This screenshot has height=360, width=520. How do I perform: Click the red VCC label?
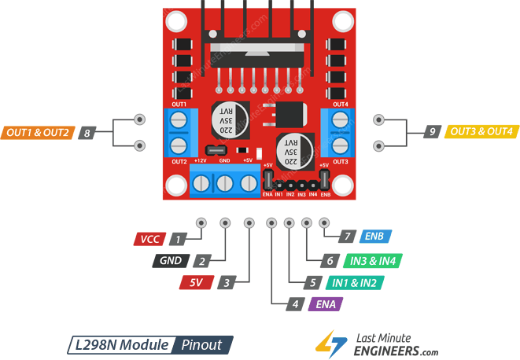pos(149,239)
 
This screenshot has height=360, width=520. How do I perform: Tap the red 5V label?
pos(196,282)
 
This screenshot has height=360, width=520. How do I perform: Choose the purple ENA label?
pos(326,303)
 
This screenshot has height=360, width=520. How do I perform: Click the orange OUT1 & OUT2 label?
pos(37,132)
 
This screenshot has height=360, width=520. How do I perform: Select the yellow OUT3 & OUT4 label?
pos(480,132)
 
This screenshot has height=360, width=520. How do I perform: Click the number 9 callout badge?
pos(432,132)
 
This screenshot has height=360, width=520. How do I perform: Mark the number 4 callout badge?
pos(295,303)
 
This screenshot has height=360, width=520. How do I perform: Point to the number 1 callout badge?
pos(180,239)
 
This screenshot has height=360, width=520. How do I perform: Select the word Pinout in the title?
pos(202,344)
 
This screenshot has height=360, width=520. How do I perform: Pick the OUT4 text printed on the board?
pos(340,105)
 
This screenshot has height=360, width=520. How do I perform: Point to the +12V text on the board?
pos(201,160)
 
